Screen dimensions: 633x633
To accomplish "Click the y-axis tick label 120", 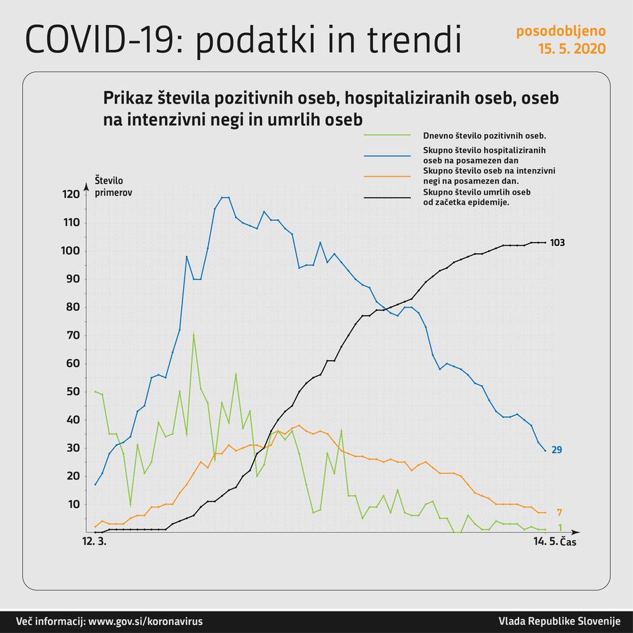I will pyautogui.click(x=71, y=195).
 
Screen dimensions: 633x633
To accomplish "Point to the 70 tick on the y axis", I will pyautogui.click(x=73, y=335).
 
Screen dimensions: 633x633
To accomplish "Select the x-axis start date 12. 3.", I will pyautogui.click(x=94, y=542).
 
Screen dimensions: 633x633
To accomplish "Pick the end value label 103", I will pyautogui.click(x=557, y=242).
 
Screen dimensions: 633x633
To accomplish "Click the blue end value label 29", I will pyautogui.click(x=557, y=450).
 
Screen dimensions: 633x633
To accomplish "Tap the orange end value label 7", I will pyautogui.click(x=560, y=512).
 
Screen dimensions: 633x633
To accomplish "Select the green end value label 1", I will pyautogui.click(x=560, y=527).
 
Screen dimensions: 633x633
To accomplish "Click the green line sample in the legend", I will pyautogui.click(x=387, y=135).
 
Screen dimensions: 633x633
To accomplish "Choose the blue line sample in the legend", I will pyautogui.click(x=387, y=156).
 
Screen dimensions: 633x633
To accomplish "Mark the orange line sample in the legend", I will pyautogui.click(x=387, y=176).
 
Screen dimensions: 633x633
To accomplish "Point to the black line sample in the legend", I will pyautogui.click(x=387, y=198).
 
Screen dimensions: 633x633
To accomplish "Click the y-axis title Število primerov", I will pyautogui.click(x=113, y=186).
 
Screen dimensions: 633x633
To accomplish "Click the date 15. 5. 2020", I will pyautogui.click(x=571, y=48).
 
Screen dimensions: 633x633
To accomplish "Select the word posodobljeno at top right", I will pyautogui.click(x=560, y=31).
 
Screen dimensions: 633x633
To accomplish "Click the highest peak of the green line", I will pyautogui.click(x=194, y=333).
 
